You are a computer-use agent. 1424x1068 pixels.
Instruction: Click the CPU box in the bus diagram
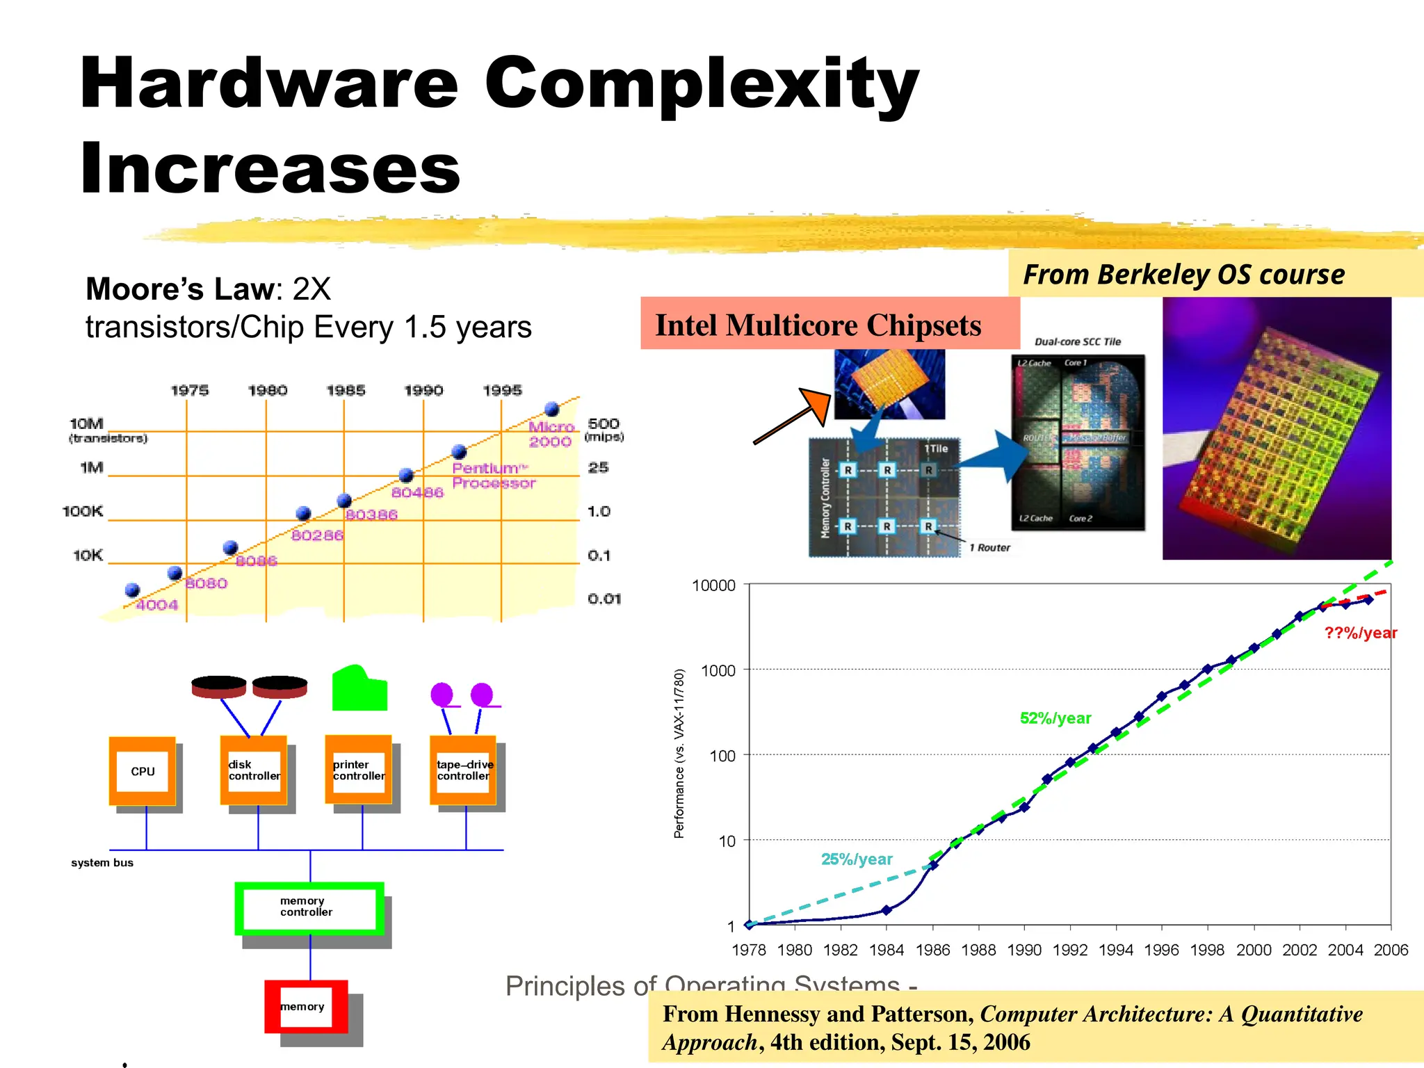143,771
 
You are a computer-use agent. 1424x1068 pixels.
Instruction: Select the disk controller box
254,770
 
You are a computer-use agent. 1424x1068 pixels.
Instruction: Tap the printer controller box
359,770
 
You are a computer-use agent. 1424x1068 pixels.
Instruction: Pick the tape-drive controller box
464,770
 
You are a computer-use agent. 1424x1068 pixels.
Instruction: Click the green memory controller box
309,907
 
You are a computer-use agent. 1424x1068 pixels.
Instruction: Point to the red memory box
306,1006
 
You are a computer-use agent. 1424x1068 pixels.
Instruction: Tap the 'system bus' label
102,863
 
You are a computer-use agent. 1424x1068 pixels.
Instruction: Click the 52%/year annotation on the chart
1055,718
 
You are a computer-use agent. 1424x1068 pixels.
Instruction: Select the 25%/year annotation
857,859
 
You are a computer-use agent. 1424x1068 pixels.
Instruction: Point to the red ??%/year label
1360,633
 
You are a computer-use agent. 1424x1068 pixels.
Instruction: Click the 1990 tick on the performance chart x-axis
1024,950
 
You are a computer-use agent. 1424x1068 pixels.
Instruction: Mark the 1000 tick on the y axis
718,670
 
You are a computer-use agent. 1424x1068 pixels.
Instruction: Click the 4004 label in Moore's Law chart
157,605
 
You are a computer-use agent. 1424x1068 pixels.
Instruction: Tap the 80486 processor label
417,492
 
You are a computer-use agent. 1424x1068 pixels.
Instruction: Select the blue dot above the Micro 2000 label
552,408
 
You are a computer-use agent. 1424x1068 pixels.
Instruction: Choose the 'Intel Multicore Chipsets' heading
818,325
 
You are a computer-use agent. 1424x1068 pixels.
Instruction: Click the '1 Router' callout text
990,548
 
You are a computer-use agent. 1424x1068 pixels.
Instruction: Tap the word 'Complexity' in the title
702,83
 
